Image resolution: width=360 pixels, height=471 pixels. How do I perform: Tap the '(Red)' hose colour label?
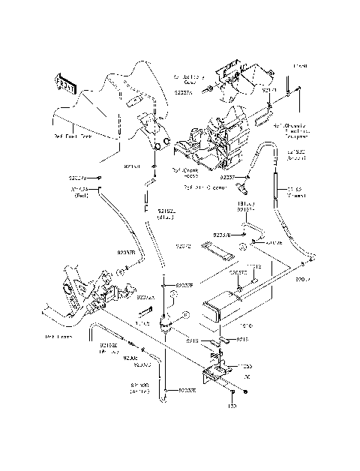(81, 195)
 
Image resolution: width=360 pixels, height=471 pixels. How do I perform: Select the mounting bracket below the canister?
(214, 370)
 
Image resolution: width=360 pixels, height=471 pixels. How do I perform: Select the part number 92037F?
(185, 286)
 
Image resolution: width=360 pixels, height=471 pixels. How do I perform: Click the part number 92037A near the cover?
(184, 91)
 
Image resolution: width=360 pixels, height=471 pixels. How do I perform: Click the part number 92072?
(184, 245)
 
